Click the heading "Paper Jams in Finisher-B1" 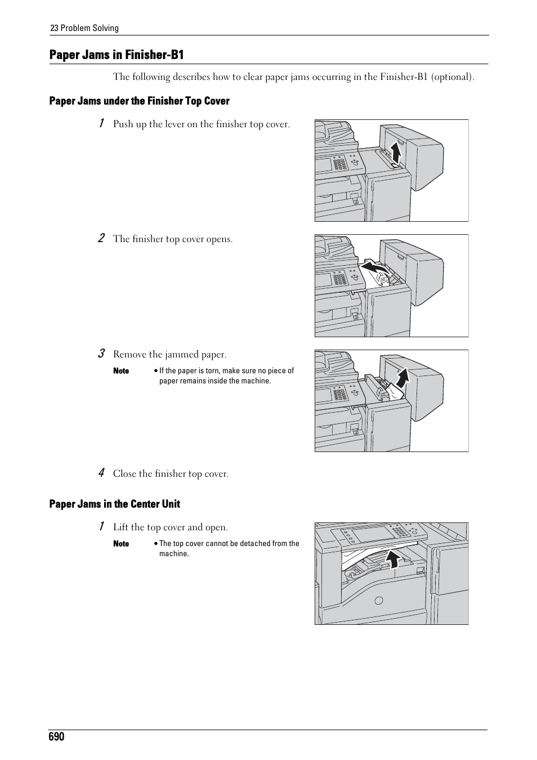[x=117, y=55]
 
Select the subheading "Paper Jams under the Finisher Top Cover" [x=139, y=101]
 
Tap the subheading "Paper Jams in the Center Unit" [x=114, y=504]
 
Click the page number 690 [x=57, y=737]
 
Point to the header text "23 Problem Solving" [x=84, y=28]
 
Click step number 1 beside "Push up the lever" [x=101, y=123]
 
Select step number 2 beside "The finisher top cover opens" [x=101, y=238]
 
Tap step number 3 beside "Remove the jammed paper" [x=101, y=354]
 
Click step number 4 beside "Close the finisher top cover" [x=101, y=473]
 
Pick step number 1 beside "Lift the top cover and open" [x=101, y=526]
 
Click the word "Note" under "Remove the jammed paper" [x=121, y=371]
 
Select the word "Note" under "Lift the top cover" [x=121, y=544]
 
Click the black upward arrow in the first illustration [x=396, y=153]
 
